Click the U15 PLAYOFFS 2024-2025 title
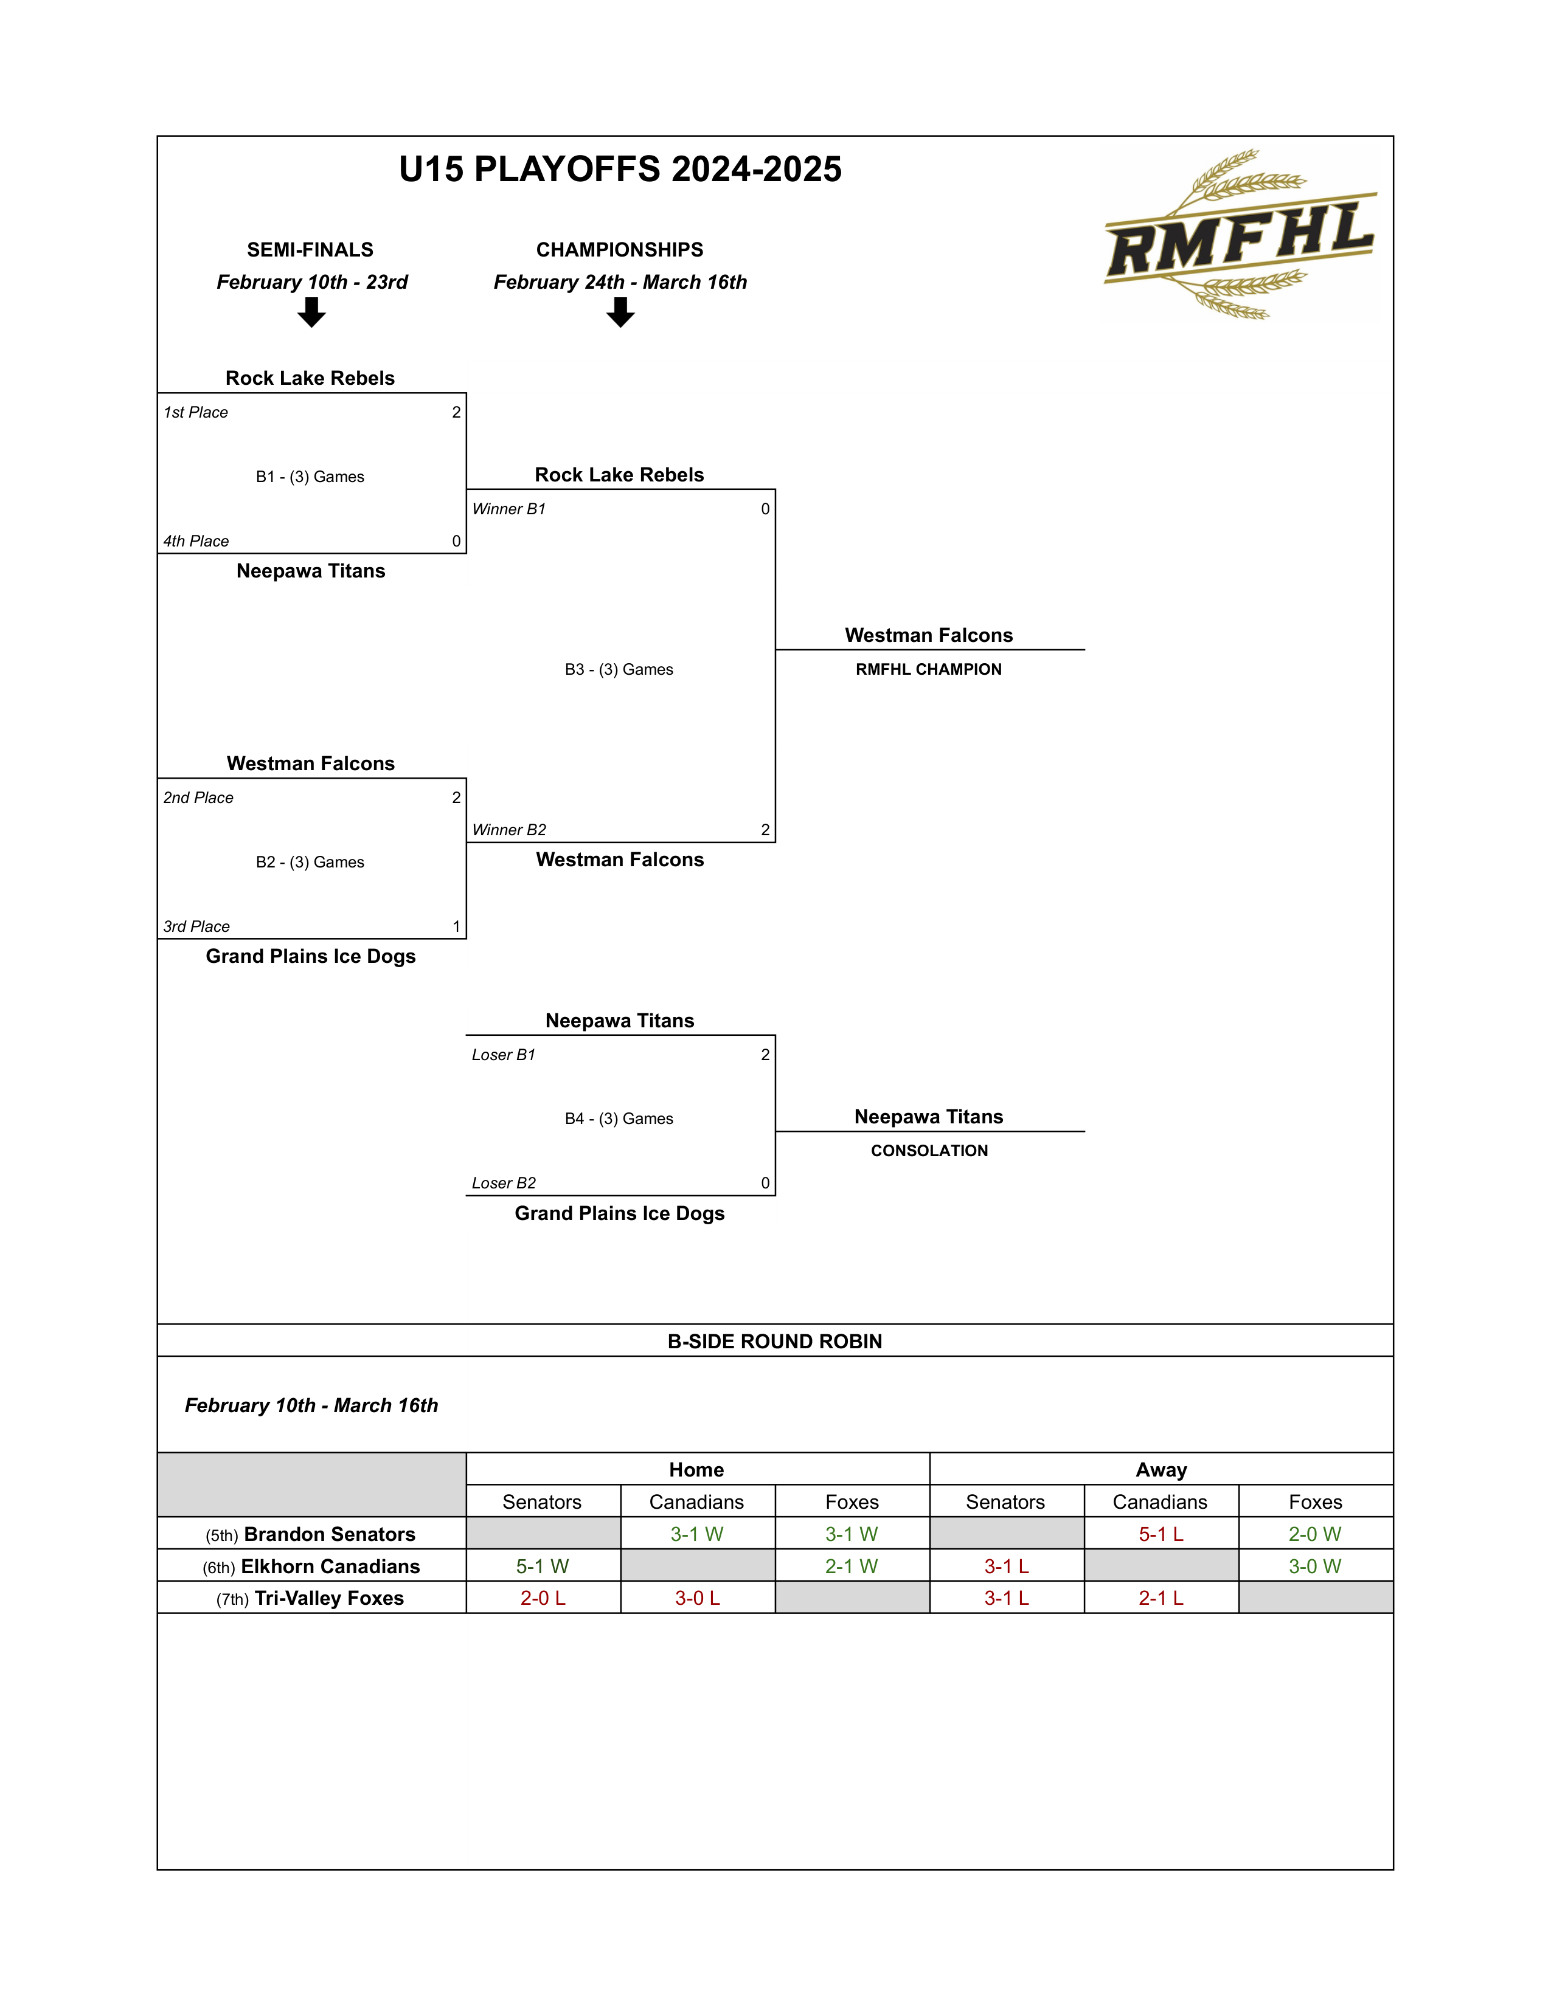[x=620, y=169]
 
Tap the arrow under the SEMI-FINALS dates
[x=311, y=313]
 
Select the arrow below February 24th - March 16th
[x=620, y=313]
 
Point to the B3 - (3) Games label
[x=619, y=670]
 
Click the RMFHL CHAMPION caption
[x=928, y=670]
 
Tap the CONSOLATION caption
[x=929, y=1151]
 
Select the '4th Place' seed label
[x=196, y=541]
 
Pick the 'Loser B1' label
[x=504, y=1055]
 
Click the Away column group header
[x=1161, y=1470]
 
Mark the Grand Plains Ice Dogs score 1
[x=457, y=927]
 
